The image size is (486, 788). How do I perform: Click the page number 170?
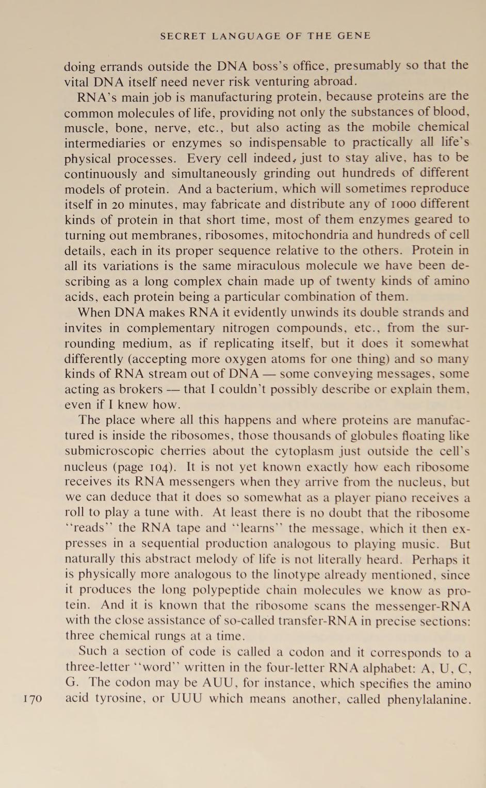click(x=33, y=699)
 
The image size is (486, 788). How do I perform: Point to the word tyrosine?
click(x=112, y=699)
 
